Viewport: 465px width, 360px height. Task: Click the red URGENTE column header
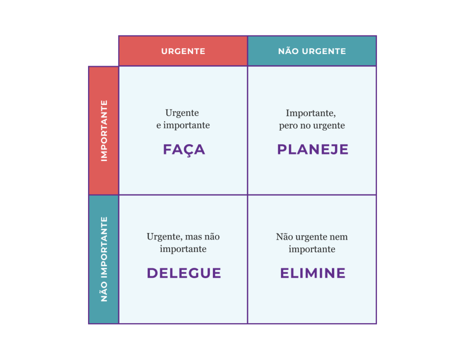coord(183,51)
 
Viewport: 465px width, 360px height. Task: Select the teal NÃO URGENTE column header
coord(312,51)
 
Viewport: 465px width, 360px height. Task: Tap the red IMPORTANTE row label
coord(104,130)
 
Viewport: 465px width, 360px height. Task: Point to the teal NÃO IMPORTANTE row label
coord(104,259)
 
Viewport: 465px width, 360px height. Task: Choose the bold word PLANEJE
coord(312,149)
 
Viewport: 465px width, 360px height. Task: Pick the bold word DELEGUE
coord(184,273)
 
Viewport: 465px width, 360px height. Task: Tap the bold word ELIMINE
coord(312,273)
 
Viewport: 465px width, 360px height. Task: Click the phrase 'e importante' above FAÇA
coord(183,125)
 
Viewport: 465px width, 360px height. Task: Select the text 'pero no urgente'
coord(312,125)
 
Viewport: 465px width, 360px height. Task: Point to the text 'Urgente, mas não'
coord(183,236)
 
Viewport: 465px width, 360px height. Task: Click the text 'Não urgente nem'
coord(312,237)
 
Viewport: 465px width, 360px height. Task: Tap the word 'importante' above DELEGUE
coord(183,249)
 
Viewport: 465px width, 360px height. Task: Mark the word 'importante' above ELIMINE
coord(312,249)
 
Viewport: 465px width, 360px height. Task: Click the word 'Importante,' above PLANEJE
coord(311,113)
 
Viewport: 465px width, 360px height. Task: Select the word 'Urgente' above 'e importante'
coord(182,113)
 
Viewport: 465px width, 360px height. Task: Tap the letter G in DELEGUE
coord(193,273)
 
